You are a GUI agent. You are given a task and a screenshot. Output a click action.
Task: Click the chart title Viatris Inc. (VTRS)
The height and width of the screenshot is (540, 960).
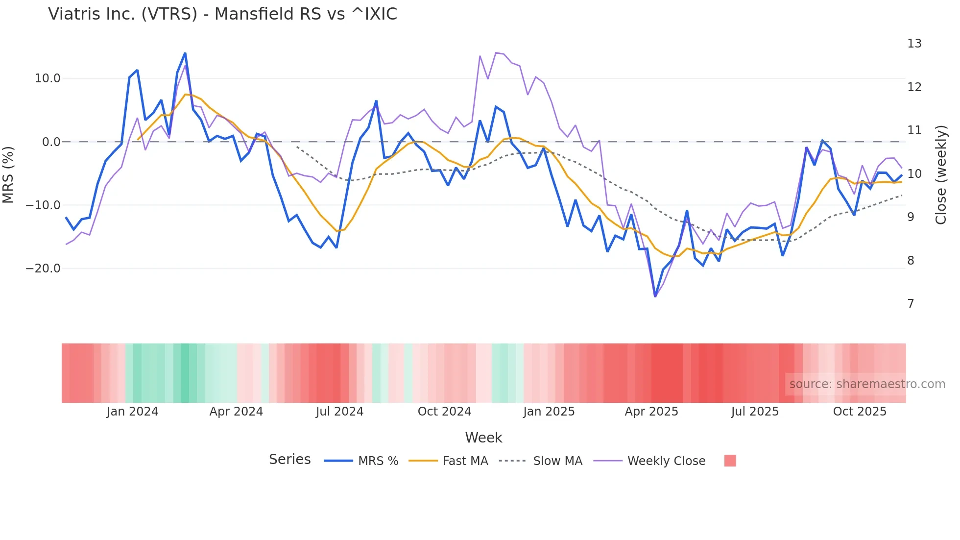click(x=222, y=14)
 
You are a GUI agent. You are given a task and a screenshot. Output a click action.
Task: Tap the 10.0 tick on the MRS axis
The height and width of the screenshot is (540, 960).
click(x=48, y=78)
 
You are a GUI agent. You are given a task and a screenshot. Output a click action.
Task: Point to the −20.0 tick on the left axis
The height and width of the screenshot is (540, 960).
click(x=43, y=269)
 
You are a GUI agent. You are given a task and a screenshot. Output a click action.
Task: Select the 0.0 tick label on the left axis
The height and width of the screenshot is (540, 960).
click(x=51, y=142)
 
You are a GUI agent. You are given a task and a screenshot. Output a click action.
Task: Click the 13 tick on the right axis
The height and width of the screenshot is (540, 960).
click(x=914, y=44)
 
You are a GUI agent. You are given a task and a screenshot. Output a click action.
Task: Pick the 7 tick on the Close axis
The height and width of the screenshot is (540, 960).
click(x=911, y=304)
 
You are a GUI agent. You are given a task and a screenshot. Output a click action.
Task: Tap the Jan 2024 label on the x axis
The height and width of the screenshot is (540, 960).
click(x=132, y=412)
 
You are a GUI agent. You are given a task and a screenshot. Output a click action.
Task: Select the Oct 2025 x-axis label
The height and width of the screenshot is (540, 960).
click(x=860, y=412)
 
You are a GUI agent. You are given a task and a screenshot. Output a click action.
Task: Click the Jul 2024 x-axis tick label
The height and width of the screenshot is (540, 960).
click(x=339, y=412)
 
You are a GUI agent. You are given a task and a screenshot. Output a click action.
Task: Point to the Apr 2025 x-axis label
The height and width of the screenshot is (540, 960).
click(x=651, y=412)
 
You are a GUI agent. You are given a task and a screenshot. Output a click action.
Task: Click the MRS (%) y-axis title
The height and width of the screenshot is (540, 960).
click(x=8, y=174)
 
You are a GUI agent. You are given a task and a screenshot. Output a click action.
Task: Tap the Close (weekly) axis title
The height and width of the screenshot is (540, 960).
click(x=940, y=174)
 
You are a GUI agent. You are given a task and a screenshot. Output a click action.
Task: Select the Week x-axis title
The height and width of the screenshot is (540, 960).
click(x=483, y=438)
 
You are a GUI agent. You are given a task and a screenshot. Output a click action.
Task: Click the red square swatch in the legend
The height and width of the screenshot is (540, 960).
click(x=730, y=461)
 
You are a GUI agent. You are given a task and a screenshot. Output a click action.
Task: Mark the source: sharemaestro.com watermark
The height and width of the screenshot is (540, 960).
click(x=867, y=384)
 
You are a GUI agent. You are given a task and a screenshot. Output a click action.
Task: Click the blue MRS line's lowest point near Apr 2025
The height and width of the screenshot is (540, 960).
click(x=655, y=296)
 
